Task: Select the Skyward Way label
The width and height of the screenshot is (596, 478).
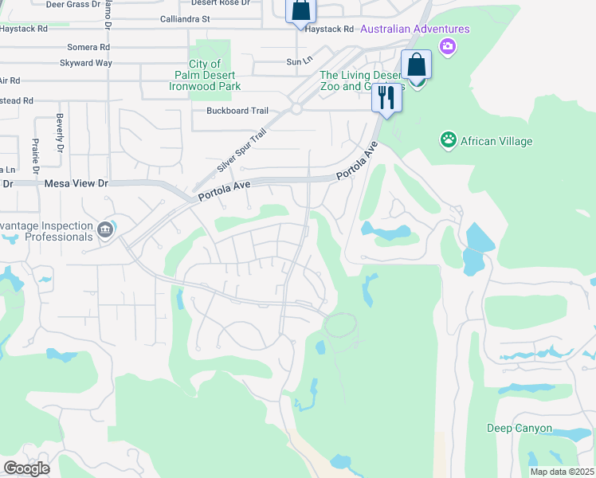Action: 89,62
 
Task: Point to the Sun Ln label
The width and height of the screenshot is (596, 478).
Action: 297,61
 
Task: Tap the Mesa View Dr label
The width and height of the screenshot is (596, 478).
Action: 76,183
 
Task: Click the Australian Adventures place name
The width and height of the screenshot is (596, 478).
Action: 415,29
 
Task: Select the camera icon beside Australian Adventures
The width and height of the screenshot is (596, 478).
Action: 448,46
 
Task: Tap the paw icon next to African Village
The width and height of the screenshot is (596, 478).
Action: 449,141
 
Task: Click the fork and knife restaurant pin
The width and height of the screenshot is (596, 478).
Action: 386,97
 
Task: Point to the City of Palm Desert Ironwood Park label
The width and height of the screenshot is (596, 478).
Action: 215,75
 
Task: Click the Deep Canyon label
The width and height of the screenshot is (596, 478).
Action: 520,429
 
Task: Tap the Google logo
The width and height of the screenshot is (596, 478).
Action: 26,468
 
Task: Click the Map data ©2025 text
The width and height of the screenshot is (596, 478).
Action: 562,472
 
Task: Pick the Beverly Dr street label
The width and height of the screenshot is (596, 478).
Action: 60,134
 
